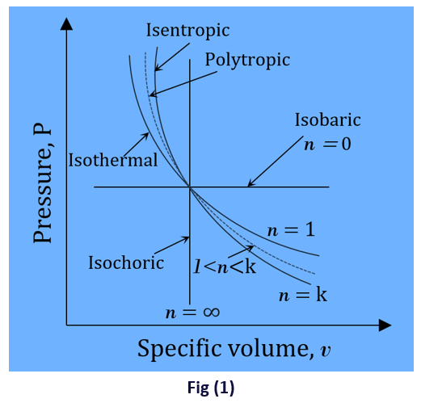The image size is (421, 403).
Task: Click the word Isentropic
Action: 187,31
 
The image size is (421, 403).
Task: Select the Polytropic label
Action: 247,61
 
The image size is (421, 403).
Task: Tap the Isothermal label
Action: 113,160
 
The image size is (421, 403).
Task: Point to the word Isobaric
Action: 328,120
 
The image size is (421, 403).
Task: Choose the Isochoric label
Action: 126,262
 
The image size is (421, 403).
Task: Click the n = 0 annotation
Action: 327,144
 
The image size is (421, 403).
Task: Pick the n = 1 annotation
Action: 291,230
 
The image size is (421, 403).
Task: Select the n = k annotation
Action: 303,295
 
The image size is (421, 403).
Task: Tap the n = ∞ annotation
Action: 192,313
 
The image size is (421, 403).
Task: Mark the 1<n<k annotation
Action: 225,267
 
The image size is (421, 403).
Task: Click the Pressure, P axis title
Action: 42,183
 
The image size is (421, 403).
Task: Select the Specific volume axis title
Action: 234,349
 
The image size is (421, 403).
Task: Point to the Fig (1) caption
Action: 211,388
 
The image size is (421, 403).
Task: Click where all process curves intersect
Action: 190,187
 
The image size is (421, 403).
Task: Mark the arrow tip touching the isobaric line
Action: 248,187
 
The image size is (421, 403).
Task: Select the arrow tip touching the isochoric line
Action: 189,237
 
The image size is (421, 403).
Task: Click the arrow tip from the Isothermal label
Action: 149,133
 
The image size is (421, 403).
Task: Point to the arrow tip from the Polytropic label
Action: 149,95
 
